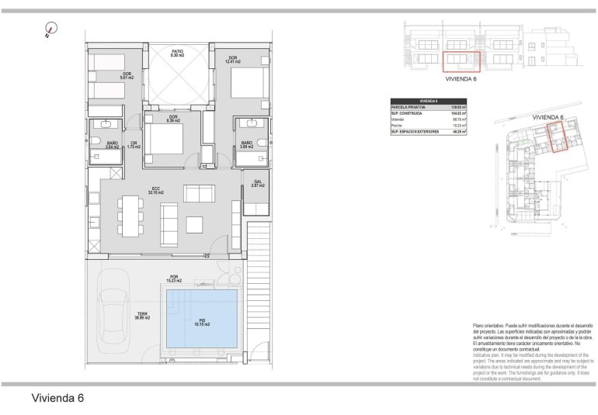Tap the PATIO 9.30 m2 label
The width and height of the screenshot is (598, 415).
[x=178, y=54]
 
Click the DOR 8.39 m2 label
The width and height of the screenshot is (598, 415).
[x=173, y=119]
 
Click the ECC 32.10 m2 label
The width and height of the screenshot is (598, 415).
[x=155, y=190]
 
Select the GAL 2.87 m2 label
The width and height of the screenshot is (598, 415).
[x=257, y=184]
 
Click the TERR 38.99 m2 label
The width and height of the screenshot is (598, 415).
[x=142, y=316]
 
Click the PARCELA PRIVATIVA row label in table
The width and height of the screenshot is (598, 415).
[x=406, y=107]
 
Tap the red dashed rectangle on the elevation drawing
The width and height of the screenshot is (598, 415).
[x=461, y=59]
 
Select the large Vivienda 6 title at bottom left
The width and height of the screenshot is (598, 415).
[x=57, y=399]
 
